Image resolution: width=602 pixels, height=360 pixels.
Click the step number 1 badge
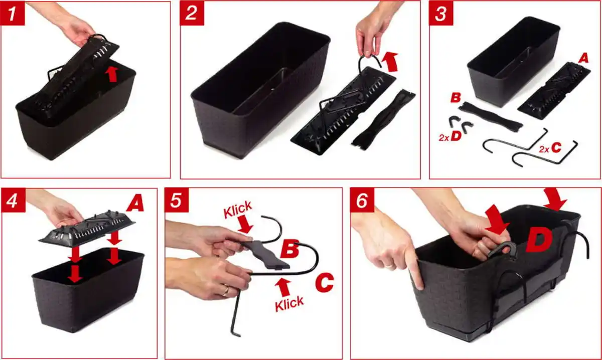tap(13, 13)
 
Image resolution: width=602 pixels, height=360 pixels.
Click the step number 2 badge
tap(192, 13)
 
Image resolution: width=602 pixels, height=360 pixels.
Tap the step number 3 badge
tap(441, 13)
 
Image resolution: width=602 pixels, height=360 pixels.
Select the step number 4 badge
tap(13, 200)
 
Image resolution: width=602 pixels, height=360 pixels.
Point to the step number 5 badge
tap(177, 200)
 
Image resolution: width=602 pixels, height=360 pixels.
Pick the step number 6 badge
tap(362, 200)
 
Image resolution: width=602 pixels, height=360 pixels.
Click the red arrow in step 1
tap(112, 74)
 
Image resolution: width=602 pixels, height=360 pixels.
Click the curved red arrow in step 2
tap(390, 62)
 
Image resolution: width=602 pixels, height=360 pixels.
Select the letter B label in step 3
tap(456, 98)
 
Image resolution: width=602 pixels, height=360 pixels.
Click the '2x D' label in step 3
tap(450, 136)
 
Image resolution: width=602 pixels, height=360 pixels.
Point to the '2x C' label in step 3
tap(550, 148)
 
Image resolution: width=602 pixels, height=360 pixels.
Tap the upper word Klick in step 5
tap(238, 209)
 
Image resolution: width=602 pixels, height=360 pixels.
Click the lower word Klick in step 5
tap(289, 304)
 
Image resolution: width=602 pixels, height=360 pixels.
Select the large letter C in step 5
tap(325, 283)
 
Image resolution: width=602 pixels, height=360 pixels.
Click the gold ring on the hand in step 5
tap(226, 291)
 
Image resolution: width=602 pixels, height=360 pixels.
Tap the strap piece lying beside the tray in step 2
tap(383, 119)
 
